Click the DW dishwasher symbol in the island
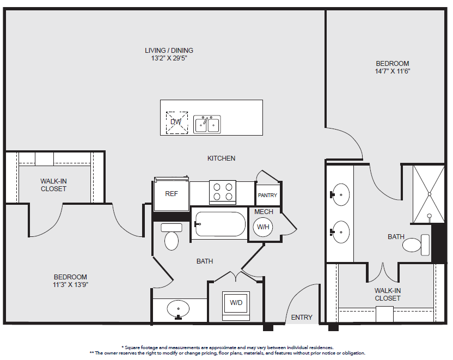[x=177, y=123]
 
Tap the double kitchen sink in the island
[x=207, y=125]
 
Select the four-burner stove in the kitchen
[x=223, y=192]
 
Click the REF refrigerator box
[x=172, y=194]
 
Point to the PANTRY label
[x=267, y=196]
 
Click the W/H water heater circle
[x=263, y=227]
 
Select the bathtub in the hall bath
[x=220, y=224]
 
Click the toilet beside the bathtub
[x=172, y=236]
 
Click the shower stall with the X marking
[x=428, y=194]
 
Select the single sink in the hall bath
[x=178, y=309]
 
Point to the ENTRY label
[x=302, y=318]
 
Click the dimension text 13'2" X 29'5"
[x=169, y=58]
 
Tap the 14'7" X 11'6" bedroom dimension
[x=393, y=71]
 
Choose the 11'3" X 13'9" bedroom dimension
[x=70, y=285]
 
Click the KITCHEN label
[x=221, y=158]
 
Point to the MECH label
[x=264, y=212]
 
